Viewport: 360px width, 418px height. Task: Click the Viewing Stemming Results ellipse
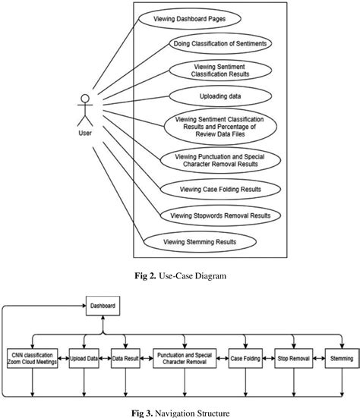[x=200, y=242]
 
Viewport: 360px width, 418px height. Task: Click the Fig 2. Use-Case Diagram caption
[x=180, y=274]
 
